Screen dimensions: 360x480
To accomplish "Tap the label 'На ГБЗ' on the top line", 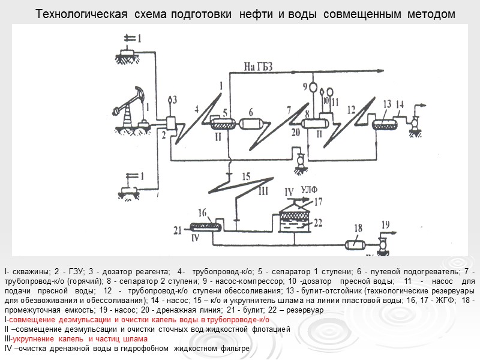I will pyautogui.click(x=259, y=67).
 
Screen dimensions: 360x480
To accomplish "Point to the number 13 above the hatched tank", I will pyautogui.click(x=387, y=104).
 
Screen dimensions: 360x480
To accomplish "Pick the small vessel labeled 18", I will pyautogui.click(x=358, y=244).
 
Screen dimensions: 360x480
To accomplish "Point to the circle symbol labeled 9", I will pyautogui.click(x=313, y=87).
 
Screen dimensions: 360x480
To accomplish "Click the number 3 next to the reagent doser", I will pyautogui.click(x=175, y=100).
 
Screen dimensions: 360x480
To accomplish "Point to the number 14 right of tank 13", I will pyautogui.click(x=400, y=104).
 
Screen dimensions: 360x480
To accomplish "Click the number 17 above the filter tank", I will pyautogui.click(x=318, y=202).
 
